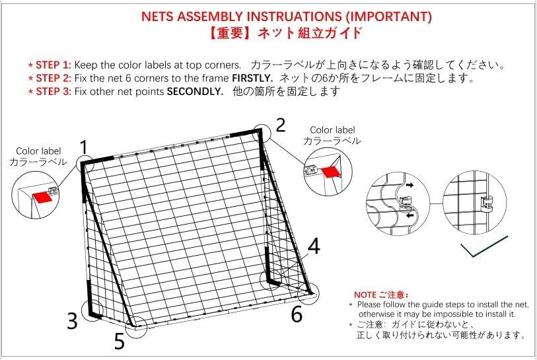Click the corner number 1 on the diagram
[84, 147]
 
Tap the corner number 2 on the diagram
[280, 126]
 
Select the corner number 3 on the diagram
[73, 322]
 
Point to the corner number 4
[314, 246]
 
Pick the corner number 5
[119, 342]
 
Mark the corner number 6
[297, 315]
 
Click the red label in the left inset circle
[42, 196]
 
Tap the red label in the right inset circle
[330, 171]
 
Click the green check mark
[484, 248]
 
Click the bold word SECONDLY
[196, 91]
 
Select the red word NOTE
[365, 295]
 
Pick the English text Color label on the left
[38, 151]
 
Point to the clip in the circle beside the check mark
[488, 200]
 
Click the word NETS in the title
[161, 17]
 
